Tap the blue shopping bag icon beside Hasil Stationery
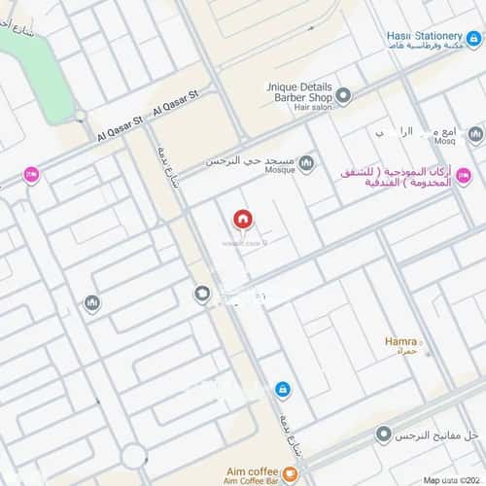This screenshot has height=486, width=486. [473, 40]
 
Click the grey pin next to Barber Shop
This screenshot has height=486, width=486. [343, 95]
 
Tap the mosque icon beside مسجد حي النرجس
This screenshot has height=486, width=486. [307, 162]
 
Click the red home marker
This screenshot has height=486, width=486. [241, 220]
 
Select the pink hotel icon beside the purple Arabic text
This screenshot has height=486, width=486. [464, 176]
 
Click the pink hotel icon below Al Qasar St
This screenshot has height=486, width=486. [31, 175]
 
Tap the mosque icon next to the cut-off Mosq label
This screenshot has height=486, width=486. [475, 134]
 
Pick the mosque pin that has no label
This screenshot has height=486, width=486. [92, 304]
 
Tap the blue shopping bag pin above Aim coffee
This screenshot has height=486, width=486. [282, 389]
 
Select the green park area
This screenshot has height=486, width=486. [39, 58]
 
